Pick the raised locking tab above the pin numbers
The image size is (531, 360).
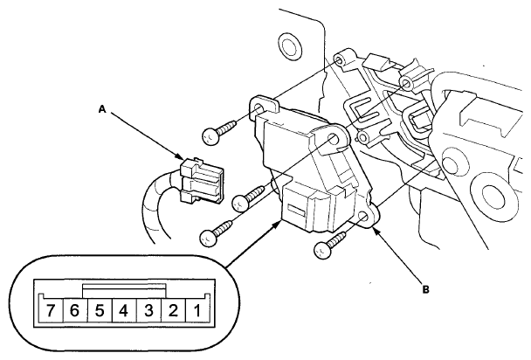(x=124, y=287)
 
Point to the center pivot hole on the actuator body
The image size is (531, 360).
(x=334, y=139)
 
